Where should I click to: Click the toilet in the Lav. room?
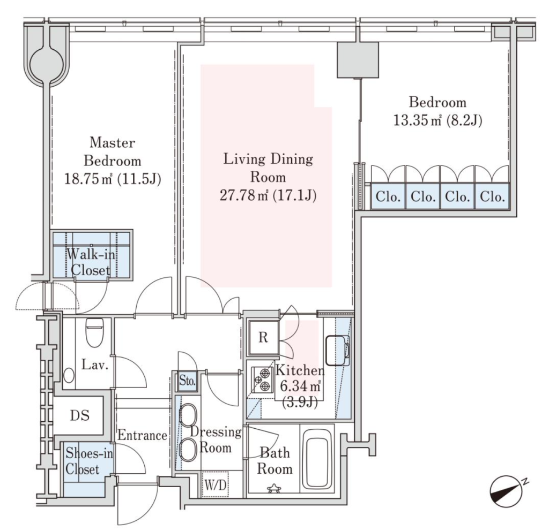click(94, 332)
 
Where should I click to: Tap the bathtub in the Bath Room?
click(317, 458)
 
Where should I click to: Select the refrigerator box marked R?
click(263, 337)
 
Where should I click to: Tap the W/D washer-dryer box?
click(216, 484)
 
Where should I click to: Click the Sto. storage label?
click(187, 381)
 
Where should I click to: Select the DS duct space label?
click(80, 415)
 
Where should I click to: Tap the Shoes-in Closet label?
click(89, 461)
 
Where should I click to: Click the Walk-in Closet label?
click(91, 262)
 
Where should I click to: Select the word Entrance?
click(142, 436)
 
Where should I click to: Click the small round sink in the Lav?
click(69, 375)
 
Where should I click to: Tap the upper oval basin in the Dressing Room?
click(188, 415)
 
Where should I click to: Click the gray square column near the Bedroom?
click(358, 60)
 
